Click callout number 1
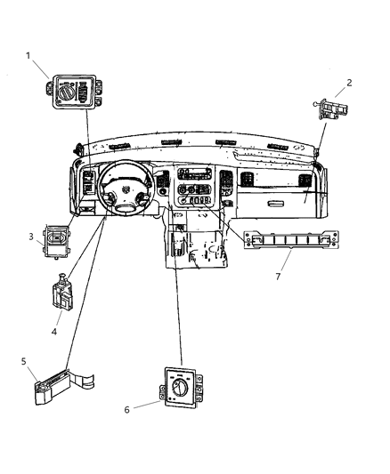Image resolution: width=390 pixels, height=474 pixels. pos(28,56)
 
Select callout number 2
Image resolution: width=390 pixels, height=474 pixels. pos(349,83)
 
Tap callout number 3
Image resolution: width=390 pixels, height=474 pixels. pos(31,237)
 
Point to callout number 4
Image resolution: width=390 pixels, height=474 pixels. pos(53,332)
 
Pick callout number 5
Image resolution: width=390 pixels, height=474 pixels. pos(24,361)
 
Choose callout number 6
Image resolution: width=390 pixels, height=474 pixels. pos(126,410)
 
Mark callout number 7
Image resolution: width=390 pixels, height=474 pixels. pos(278,277)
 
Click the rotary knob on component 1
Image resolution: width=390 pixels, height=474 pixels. pos(66,92)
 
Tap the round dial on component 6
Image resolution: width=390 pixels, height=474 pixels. pos(179,388)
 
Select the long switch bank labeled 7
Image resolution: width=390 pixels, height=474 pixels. pos(291,240)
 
